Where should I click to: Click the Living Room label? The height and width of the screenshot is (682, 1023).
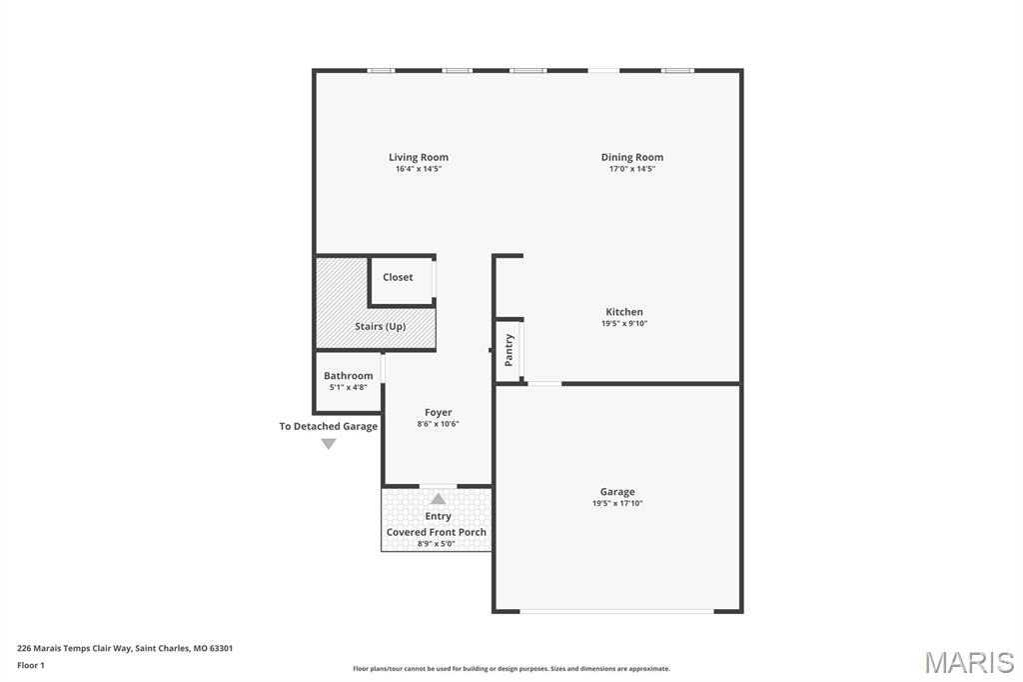(x=419, y=157)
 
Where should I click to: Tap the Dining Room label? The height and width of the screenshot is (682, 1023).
(x=632, y=157)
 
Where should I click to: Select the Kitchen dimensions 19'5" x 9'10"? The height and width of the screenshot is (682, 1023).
(x=624, y=323)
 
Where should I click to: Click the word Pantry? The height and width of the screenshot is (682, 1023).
(x=509, y=350)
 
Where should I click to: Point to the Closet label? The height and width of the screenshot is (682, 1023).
(x=398, y=277)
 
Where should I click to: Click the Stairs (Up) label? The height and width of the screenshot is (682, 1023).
(x=381, y=327)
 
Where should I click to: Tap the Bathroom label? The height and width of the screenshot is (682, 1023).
(x=349, y=376)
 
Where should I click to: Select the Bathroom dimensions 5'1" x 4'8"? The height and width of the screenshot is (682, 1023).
(x=349, y=387)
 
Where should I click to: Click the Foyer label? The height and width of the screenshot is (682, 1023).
(x=439, y=413)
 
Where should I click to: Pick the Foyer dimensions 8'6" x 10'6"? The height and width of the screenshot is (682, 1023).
(x=439, y=424)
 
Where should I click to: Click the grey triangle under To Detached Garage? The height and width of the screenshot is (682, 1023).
(x=328, y=444)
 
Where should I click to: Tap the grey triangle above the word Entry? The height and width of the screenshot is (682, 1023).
(x=438, y=499)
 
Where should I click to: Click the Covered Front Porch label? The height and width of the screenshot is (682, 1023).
(x=437, y=532)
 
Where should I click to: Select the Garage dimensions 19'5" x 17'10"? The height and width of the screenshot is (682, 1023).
(x=617, y=503)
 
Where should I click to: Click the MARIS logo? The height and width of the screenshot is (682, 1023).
(x=969, y=662)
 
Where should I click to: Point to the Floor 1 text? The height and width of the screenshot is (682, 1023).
(x=31, y=666)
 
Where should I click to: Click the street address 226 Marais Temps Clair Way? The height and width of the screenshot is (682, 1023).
(x=74, y=649)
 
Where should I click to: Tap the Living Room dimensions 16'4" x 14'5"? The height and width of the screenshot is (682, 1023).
(x=419, y=169)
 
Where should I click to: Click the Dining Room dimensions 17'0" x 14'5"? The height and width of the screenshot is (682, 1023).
(x=632, y=169)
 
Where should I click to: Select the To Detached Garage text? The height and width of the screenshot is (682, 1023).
(x=328, y=427)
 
